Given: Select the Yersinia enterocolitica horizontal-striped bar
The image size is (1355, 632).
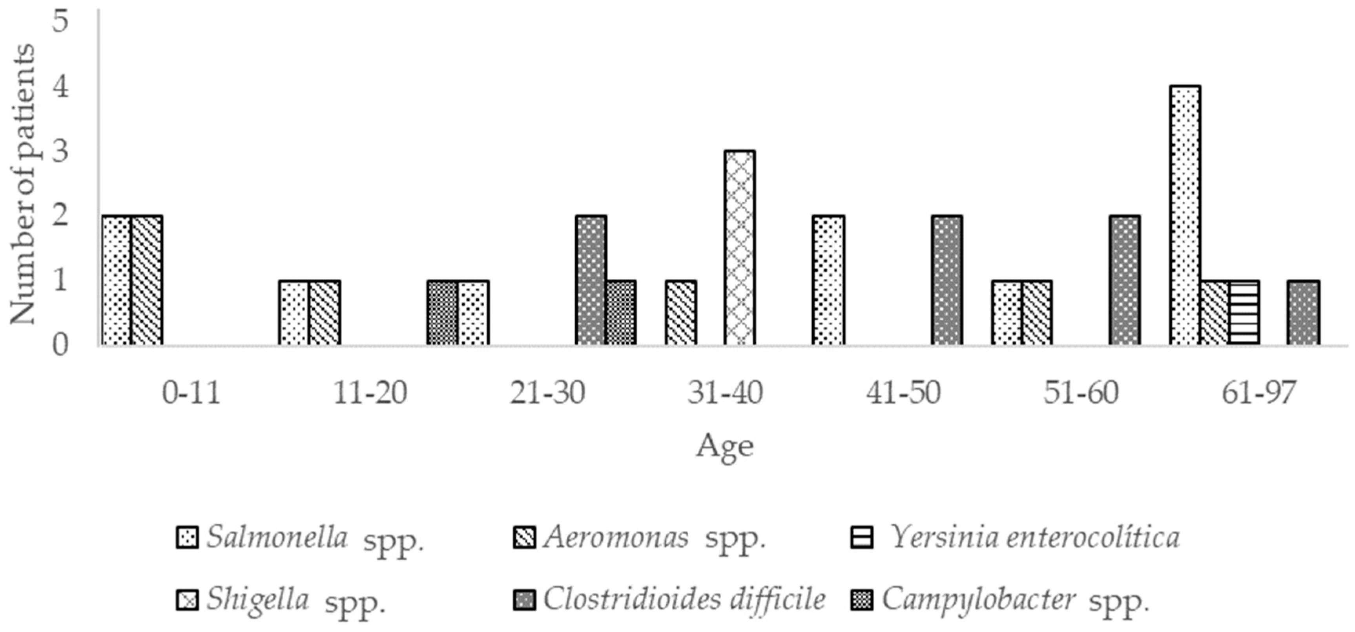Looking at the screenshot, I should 1244,313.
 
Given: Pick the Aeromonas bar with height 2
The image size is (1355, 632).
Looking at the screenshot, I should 147,281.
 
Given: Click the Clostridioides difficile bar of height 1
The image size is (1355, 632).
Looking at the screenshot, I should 1304,313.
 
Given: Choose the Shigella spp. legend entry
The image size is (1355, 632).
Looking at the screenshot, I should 281,600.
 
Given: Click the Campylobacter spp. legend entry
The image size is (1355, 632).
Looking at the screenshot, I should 999,600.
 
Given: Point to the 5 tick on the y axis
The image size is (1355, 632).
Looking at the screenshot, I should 62,21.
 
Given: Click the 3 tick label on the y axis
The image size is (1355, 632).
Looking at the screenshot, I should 62,152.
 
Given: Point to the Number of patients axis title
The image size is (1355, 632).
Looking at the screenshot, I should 22,184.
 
